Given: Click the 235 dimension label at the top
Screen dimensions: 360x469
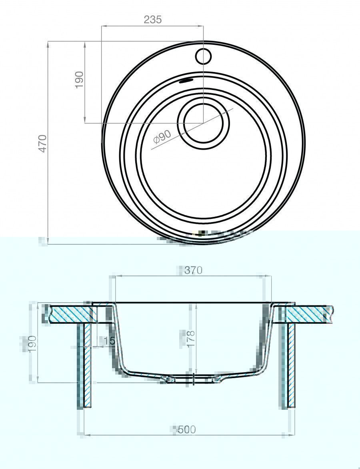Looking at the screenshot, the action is pyautogui.click(x=152, y=20).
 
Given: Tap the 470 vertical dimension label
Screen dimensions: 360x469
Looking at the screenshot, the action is pyautogui.click(x=43, y=144).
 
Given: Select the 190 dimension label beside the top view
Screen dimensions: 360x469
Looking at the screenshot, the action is pyautogui.click(x=80, y=80).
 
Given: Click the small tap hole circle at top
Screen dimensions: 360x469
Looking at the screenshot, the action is pyautogui.click(x=203, y=56).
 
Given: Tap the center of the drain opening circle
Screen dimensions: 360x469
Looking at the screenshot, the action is pyautogui.click(x=204, y=122).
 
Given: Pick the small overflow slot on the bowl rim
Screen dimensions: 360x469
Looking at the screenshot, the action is pyautogui.click(x=186, y=80).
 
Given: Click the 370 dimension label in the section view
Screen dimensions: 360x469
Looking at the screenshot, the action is pyautogui.click(x=193, y=270).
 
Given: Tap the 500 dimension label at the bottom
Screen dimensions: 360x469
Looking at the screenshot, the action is pyautogui.click(x=186, y=429).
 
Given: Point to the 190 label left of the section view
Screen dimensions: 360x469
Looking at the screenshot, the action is pyautogui.click(x=32, y=343).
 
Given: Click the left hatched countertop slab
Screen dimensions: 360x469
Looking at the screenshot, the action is pyautogui.click(x=71, y=314).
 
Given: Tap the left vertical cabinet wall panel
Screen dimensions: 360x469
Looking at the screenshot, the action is pyautogui.click(x=85, y=365).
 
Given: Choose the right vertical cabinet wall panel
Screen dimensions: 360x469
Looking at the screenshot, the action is pyautogui.click(x=289, y=365).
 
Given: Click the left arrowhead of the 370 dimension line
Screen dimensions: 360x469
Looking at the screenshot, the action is pyautogui.click(x=117, y=277).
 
